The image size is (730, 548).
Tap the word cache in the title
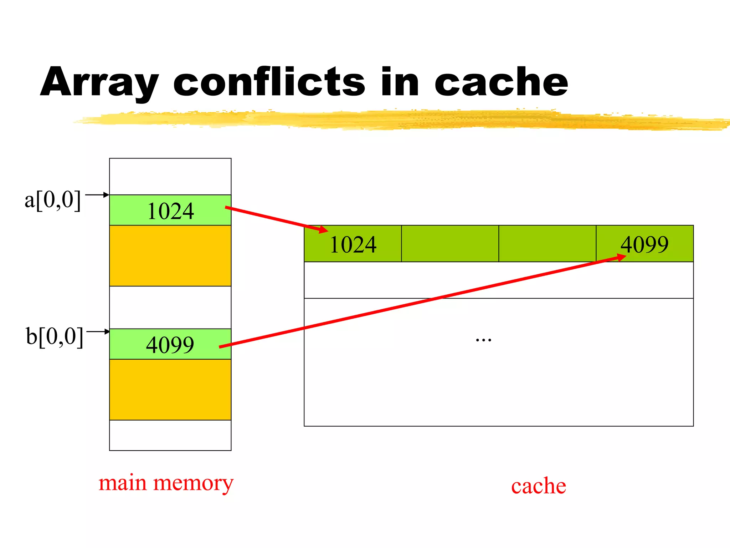[x=501, y=83]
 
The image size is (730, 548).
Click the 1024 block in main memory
[x=170, y=210]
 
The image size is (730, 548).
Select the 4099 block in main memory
[x=170, y=344]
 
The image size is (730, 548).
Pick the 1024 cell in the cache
[x=353, y=244]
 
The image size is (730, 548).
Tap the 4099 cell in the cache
[x=644, y=244]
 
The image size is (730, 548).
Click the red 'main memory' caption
[x=166, y=483]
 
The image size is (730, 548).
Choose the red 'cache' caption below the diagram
[x=538, y=486]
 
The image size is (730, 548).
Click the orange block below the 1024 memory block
[x=170, y=255]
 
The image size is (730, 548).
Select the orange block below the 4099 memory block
[x=170, y=389]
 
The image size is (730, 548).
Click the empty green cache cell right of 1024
[x=450, y=244]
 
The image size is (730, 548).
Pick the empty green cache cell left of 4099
[x=547, y=244]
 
